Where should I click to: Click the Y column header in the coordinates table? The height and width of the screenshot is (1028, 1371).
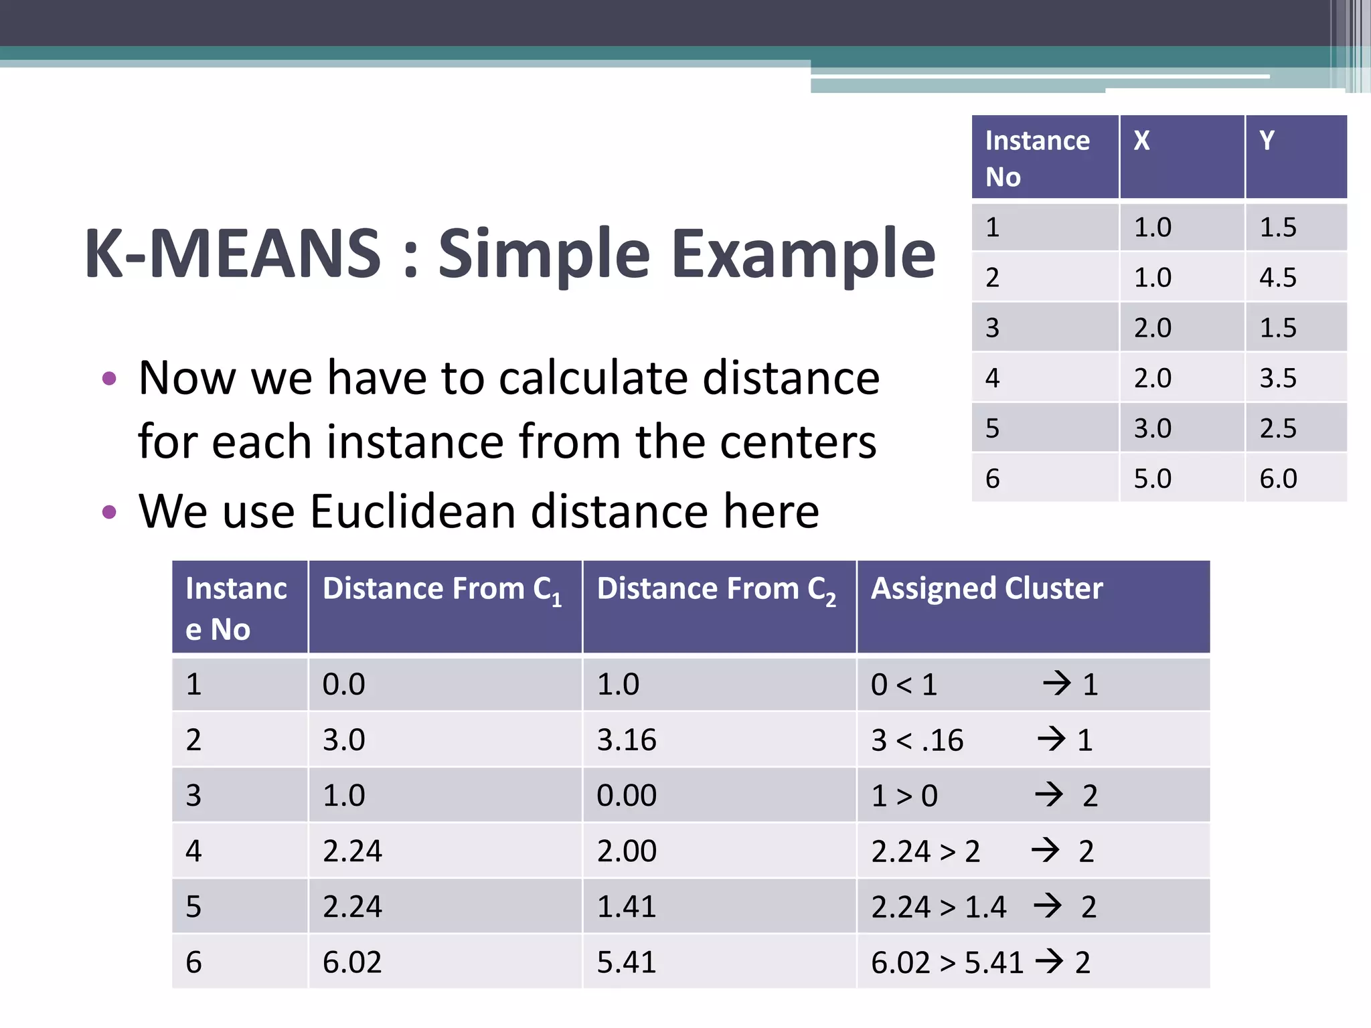pyautogui.click(x=1267, y=141)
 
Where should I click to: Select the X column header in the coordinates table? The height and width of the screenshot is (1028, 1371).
pyautogui.click(x=1141, y=141)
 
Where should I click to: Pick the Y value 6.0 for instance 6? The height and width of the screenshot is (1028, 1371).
pyautogui.click(x=1278, y=479)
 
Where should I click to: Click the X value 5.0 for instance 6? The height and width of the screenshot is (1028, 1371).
pyautogui.click(x=1152, y=479)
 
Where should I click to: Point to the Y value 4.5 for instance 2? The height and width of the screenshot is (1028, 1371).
pyautogui.click(x=1278, y=277)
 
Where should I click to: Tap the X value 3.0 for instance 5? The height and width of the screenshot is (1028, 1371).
pyautogui.click(x=1152, y=428)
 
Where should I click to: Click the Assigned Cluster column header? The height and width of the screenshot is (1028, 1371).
pyautogui.click(x=986, y=589)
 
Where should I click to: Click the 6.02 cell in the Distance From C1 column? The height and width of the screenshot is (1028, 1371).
pyautogui.click(x=352, y=962)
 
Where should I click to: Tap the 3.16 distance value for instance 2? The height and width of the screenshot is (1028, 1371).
pyautogui.click(x=627, y=740)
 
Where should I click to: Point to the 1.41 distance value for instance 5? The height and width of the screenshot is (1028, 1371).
pyautogui.click(x=626, y=907)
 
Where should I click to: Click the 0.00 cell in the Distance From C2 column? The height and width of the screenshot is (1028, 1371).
pyautogui.click(x=627, y=796)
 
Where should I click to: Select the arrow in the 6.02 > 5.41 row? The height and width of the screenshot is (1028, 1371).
pyautogui.click(x=1049, y=961)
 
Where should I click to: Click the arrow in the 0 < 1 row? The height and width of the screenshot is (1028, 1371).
pyautogui.click(x=1057, y=683)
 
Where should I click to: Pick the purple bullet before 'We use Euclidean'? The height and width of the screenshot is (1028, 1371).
pyautogui.click(x=109, y=513)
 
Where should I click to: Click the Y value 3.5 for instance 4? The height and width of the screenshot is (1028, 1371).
pyautogui.click(x=1278, y=378)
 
